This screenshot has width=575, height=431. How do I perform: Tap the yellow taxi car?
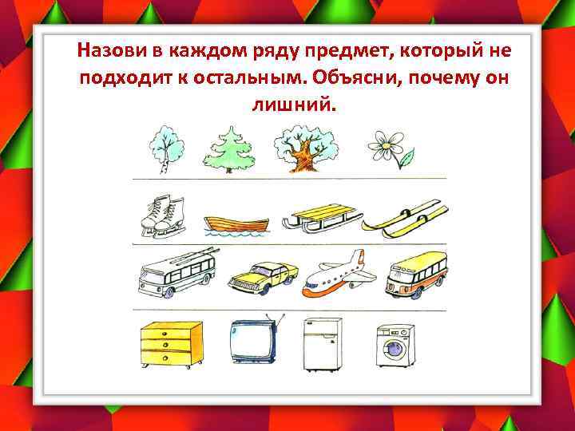(x=263, y=276)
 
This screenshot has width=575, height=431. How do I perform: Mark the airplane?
(x=340, y=273)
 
